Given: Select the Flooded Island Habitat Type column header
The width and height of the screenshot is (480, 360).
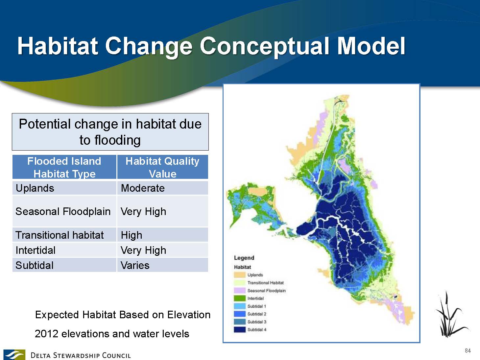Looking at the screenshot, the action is click(x=64, y=167).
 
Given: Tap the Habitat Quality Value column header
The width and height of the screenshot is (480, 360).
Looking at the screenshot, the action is click(x=162, y=167).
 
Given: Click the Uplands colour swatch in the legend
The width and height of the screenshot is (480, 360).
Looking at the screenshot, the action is click(x=239, y=275).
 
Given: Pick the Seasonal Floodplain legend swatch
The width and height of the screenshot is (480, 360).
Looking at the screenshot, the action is click(x=239, y=291).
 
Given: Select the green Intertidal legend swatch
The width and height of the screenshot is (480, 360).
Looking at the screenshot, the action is click(x=239, y=299).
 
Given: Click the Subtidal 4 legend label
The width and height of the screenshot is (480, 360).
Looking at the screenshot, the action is click(x=257, y=330).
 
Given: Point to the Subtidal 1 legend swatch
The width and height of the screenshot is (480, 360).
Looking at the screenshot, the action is click(x=239, y=306).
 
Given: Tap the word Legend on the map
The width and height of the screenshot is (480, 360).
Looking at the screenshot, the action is click(x=244, y=258).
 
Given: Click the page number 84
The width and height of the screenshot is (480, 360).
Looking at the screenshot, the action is click(x=468, y=350).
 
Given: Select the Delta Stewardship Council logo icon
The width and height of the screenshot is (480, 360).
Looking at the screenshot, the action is click(x=14, y=355).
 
